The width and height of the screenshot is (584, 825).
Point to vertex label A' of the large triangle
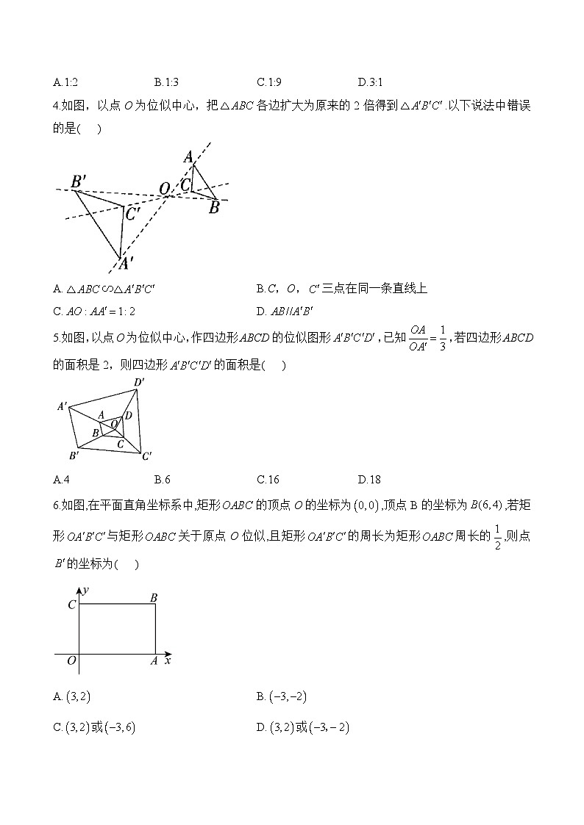tap(126, 262)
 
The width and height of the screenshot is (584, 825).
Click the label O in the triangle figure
tap(165, 189)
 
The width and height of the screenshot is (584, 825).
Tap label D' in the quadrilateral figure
tap(138, 382)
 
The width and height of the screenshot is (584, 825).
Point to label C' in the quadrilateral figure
tap(146, 456)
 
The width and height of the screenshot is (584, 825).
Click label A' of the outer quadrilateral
tap(63, 406)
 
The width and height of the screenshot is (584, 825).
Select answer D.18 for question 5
tap(369, 480)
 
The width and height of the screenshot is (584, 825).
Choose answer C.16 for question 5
tap(268, 480)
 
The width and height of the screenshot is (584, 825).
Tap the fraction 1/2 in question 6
tap(498, 536)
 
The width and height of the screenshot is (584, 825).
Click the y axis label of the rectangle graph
tap(86, 589)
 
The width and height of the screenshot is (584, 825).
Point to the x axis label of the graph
tap(168, 661)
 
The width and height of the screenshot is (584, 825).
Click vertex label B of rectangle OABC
tap(154, 598)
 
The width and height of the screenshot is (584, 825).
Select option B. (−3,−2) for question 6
tap(291, 696)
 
